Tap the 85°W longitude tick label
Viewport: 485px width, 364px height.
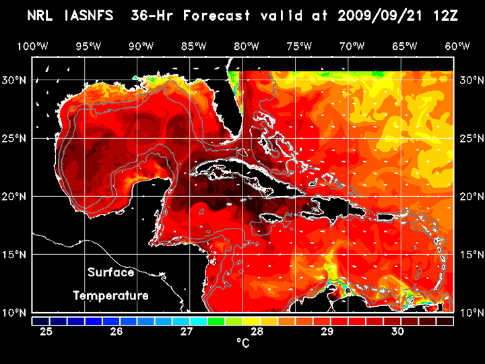pyautogui.click(x=193, y=46)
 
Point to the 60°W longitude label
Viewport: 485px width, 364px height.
pyautogui.click(x=457, y=46)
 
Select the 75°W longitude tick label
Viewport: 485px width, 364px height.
pyautogui.click(x=299, y=46)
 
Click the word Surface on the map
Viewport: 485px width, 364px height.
pyautogui.click(x=110, y=273)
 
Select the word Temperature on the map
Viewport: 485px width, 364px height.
pyautogui.click(x=110, y=296)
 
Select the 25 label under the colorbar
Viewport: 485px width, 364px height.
pyautogui.click(x=46, y=332)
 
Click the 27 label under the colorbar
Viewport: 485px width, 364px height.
pyautogui.click(x=187, y=332)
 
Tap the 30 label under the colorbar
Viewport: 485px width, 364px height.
pyautogui.click(x=397, y=332)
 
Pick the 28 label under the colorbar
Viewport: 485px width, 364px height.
pyautogui.click(x=257, y=332)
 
